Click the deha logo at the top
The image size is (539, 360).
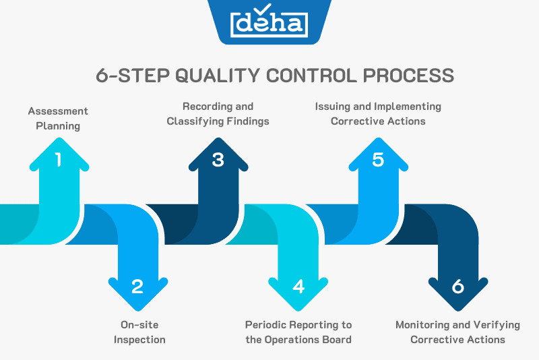[269, 24]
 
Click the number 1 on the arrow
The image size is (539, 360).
[58, 160]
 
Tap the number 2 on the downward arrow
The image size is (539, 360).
[137, 287]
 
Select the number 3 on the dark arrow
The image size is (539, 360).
[218, 160]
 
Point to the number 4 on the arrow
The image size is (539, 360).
[298, 287]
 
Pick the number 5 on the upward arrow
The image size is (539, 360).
[378, 160]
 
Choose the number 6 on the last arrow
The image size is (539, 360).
[458, 287]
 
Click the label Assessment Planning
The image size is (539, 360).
[58, 118]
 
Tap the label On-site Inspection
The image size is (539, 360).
[139, 332]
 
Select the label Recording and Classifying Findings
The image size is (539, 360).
[218, 113]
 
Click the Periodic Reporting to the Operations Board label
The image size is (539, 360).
[298, 332]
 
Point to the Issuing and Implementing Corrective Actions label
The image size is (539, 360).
[378, 113]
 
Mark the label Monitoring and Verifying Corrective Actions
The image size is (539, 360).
[458, 332]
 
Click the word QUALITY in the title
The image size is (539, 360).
[217, 75]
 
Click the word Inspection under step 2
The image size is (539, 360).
[139, 339]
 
